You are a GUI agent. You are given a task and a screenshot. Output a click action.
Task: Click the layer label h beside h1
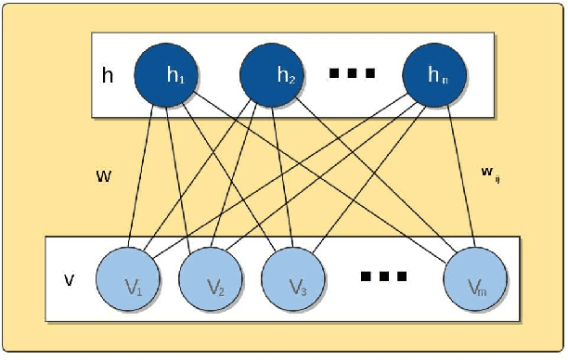(x=108, y=75)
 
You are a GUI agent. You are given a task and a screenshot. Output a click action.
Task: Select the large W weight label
(x=103, y=174)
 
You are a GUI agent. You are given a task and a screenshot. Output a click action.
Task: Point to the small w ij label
(x=489, y=171)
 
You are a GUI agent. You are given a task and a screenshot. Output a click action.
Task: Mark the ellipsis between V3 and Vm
(x=383, y=276)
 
